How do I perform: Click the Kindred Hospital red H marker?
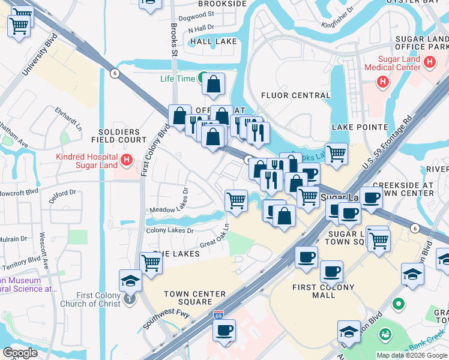coord(126,160)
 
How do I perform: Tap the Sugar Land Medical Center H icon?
coord(429,61)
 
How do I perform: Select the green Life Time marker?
coord(203,79)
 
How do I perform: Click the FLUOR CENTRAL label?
coord(296,95)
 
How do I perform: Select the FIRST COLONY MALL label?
coord(322,292)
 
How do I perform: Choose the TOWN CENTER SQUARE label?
coord(194,298)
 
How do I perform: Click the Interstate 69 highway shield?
coord(220,314)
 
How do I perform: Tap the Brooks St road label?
coord(174,41)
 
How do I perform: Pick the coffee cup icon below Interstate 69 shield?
coord(224,330)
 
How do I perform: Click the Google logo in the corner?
coord(20,353)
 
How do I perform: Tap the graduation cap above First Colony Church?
coord(130,280)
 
